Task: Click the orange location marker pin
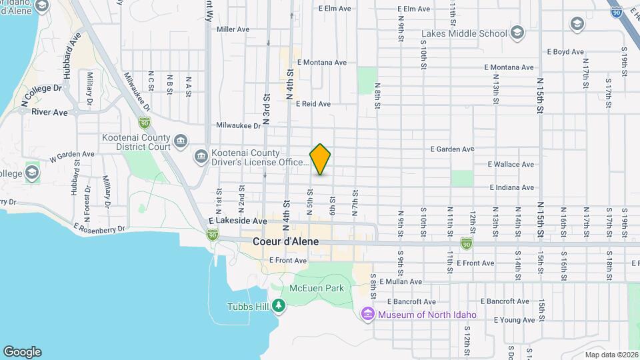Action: pos(321,159)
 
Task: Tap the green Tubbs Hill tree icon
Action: pos(278,306)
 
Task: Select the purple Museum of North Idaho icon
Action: pos(367,314)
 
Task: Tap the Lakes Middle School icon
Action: pos(517,33)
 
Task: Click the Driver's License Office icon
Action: pos(201,157)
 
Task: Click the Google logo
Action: pos(22,351)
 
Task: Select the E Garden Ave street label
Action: pos(452,149)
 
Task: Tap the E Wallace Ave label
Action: pos(511,164)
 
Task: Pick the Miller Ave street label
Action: pos(233,29)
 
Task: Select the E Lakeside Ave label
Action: pos(237,221)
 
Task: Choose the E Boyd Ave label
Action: pos(565,51)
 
